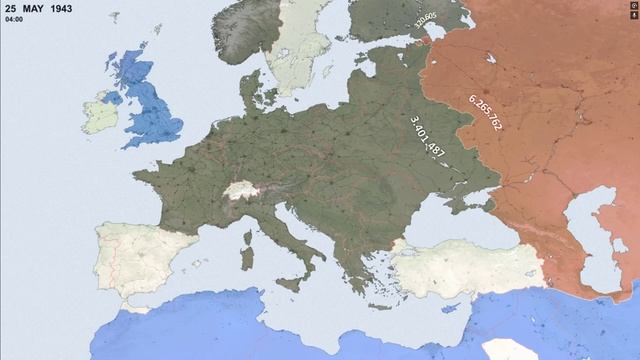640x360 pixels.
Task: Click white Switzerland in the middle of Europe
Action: [238, 189]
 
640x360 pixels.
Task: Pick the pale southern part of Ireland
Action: [100, 114]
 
